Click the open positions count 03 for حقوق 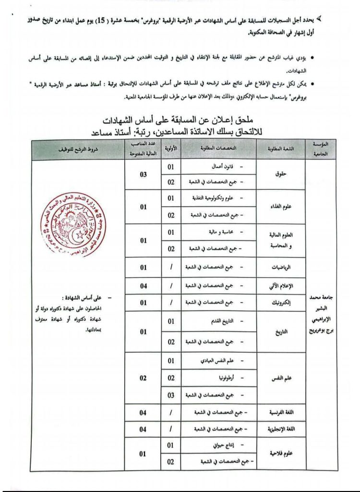pyautogui.click(x=143, y=175)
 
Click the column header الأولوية pyautogui.click(x=170, y=149)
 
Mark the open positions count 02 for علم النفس pyautogui.click(x=143, y=378)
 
